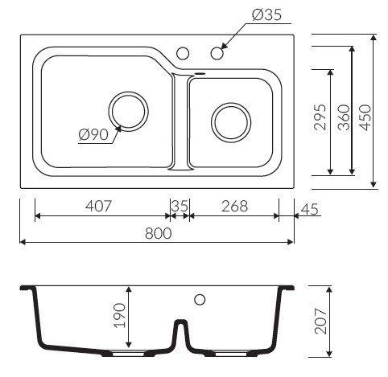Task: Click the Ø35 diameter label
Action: point(266,14)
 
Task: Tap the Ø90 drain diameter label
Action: point(93,134)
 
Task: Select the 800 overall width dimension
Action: point(158,233)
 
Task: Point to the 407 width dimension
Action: point(98,207)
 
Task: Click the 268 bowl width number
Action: point(234,207)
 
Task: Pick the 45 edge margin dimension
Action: point(309,209)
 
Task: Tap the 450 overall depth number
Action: point(365,117)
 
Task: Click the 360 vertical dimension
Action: point(344,117)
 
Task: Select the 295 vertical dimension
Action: point(320,117)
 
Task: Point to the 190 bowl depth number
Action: point(119,315)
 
